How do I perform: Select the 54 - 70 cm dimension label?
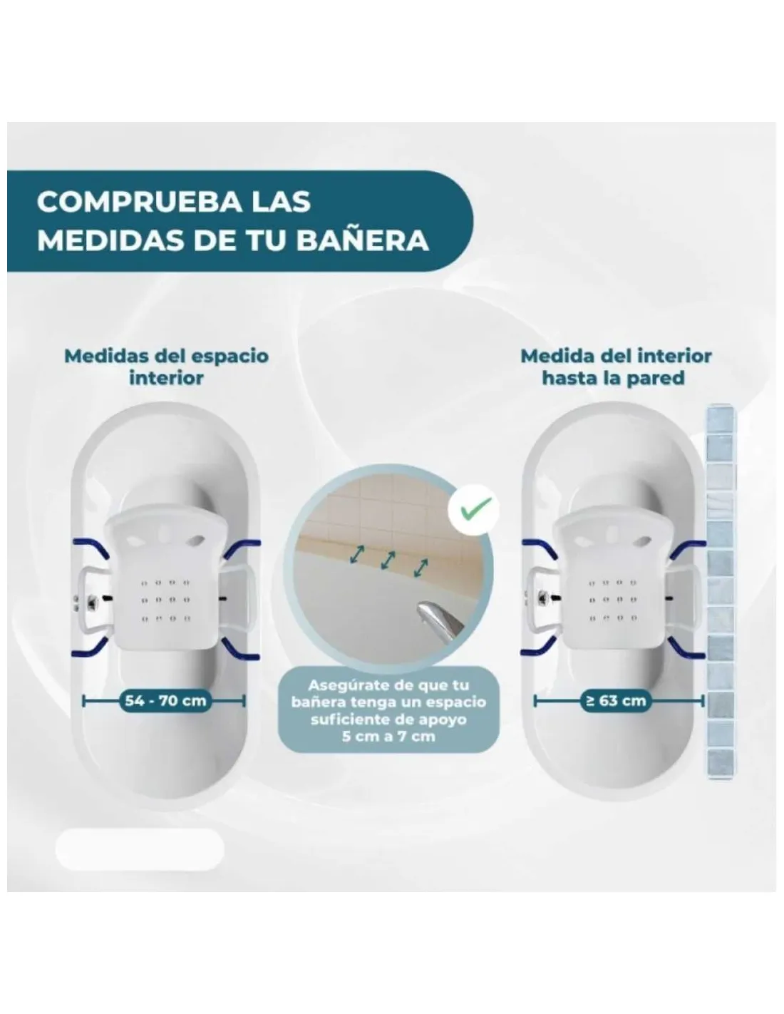(x=165, y=700)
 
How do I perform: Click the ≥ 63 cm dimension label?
(x=615, y=700)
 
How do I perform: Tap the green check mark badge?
(x=474, y=511)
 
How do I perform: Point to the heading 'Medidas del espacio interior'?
(x=167, y=367)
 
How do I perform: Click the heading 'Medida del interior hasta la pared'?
(x=616, y=367)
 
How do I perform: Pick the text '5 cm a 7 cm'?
(x=388, y=737)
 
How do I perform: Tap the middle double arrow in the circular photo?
(x=388, y=560)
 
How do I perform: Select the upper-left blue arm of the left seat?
(x=91, y=548)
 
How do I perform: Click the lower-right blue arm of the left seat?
(x=240, y=650)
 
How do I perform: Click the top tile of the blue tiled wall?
(x=721, y=421)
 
